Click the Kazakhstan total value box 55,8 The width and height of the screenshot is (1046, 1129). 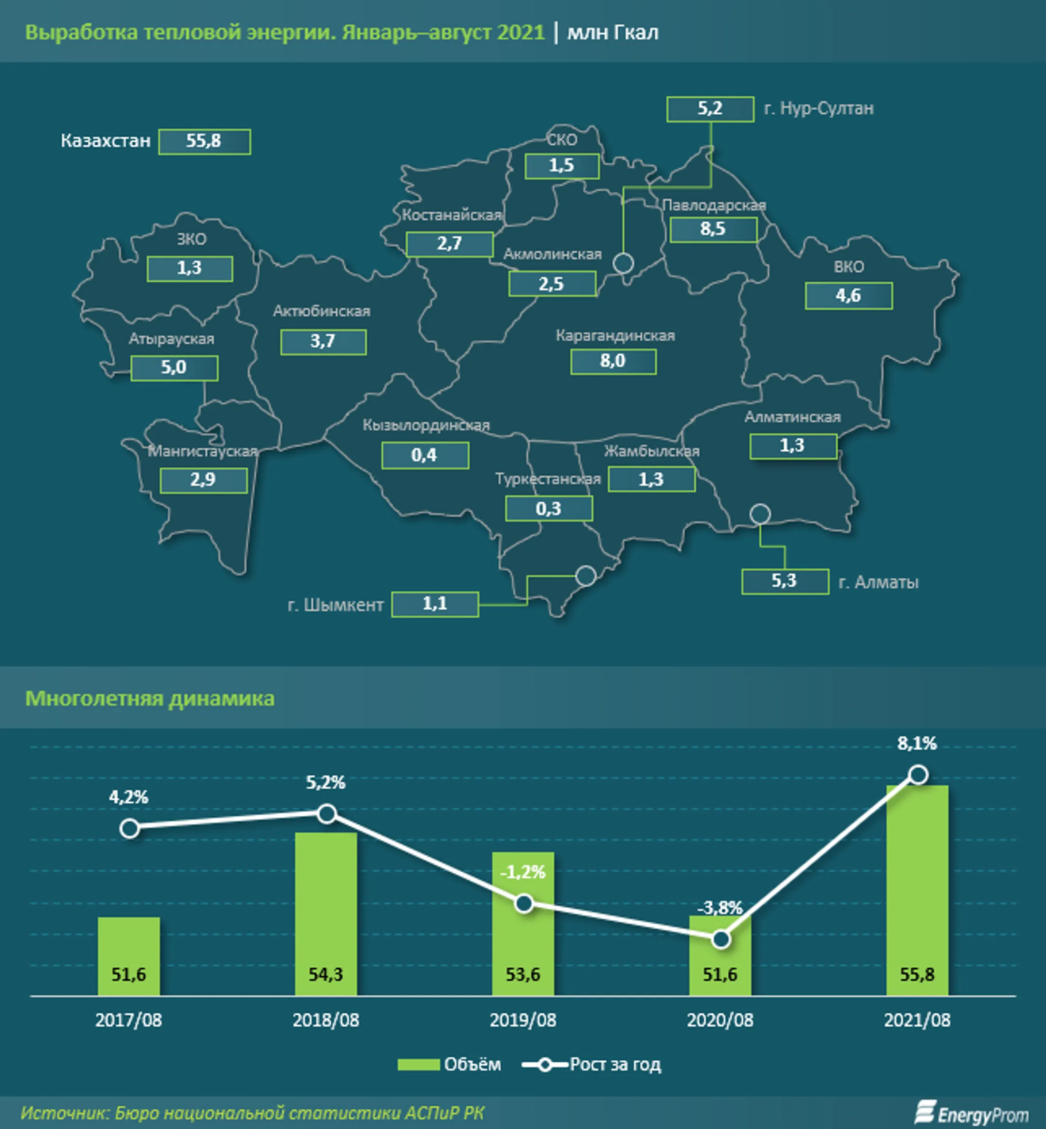[x=204, y=141]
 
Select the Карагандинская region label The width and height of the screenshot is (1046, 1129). [x=615, y=336]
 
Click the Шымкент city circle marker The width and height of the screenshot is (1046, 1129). [x=585, y=576]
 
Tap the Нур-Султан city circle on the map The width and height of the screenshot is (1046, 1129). [x=624, y=263]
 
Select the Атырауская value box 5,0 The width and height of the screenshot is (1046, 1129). [x=174, y=368]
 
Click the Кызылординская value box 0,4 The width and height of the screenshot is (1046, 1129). [x=425, y=456]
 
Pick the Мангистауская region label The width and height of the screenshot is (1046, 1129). [x=202, y=452]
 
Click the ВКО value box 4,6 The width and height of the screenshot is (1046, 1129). [x=848, y=296]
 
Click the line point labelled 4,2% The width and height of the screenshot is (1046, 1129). [x=130, y=828]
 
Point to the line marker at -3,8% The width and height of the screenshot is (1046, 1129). [x=721, y=939]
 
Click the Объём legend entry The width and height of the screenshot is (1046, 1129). [x=449, y=1065]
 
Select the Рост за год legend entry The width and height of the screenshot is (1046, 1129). [x=591, y=1065]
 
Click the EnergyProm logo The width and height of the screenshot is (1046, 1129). [x=971, y=1113]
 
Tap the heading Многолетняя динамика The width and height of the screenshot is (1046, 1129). [x=150, y=698]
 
